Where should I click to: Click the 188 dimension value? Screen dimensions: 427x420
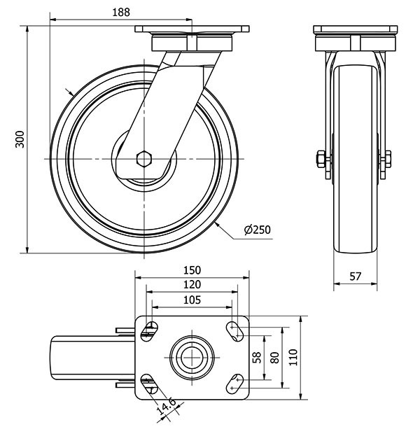[x=120, y=12]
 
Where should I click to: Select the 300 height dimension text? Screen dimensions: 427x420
[x=20, y=139]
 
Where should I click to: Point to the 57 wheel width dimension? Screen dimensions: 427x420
[x=355, y=276]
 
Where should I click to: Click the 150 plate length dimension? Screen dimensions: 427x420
[x=192, y=270]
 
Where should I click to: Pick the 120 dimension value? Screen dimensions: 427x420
[x=192, y=285]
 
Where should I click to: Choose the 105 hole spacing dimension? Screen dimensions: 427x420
[x=192, y=300]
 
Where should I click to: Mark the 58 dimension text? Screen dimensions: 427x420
[x=256, y=357]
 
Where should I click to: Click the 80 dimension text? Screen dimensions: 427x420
[x=274, y=357]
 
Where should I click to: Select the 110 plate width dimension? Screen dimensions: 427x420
[x=293, y=357]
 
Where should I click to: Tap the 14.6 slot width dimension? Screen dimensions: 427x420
[x=167, y=406]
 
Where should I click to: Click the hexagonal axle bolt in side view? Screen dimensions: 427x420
[x=145, y=159]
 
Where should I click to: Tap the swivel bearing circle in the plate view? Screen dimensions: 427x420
[x=192, y=356]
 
